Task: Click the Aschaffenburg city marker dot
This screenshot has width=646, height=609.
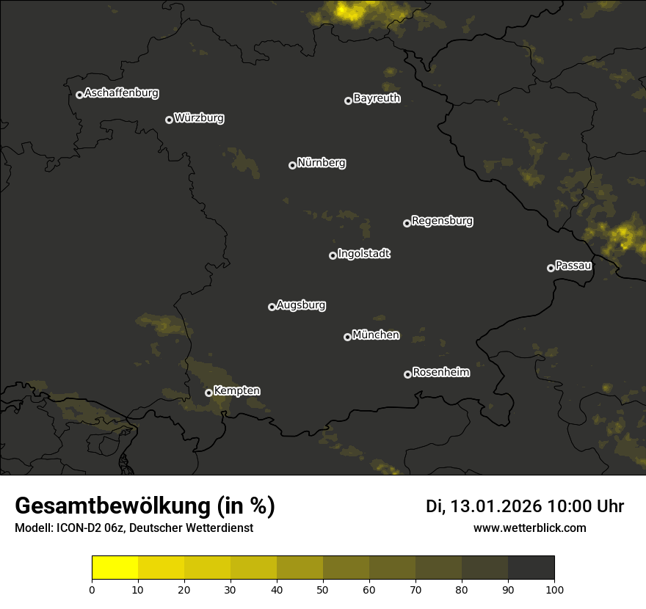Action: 79,95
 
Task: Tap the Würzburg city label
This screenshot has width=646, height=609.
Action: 199,118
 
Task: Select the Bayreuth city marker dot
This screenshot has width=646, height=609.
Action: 348,101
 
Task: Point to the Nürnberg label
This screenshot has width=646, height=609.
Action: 321,163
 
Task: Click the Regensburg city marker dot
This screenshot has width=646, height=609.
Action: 407,223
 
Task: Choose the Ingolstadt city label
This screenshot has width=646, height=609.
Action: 364,254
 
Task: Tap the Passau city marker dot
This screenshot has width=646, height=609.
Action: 551,268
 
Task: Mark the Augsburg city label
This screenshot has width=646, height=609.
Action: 301,305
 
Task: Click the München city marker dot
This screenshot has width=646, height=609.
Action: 347,337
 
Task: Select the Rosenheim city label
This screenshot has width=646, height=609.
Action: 440,373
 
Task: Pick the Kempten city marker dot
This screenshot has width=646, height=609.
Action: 208,393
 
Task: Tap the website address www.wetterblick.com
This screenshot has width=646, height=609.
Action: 530,528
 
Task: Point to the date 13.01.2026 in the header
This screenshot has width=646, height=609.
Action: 496,506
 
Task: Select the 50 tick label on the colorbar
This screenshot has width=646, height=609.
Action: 323,589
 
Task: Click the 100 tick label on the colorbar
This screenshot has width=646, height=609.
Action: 554,589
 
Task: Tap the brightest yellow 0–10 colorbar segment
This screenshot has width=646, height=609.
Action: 115,568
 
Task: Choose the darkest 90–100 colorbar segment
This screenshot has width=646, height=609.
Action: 531,568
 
